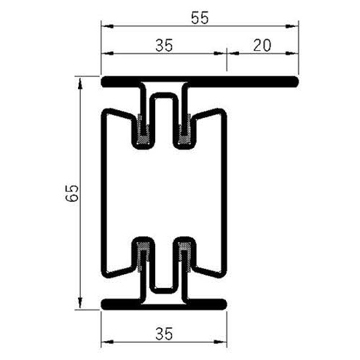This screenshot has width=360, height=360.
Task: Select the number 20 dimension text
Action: tap(262, 45)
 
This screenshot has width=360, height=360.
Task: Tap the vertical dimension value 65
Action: tap(71, 192)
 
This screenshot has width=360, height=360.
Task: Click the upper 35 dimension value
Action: tap(163, 45)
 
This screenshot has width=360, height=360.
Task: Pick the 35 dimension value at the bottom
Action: tap(163, 334)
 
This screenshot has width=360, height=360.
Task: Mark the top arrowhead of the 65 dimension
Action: tap(79, 79)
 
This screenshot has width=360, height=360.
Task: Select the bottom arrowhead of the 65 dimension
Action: tap(79, 305)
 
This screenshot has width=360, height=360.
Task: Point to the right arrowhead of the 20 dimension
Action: tap(295, 53)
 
